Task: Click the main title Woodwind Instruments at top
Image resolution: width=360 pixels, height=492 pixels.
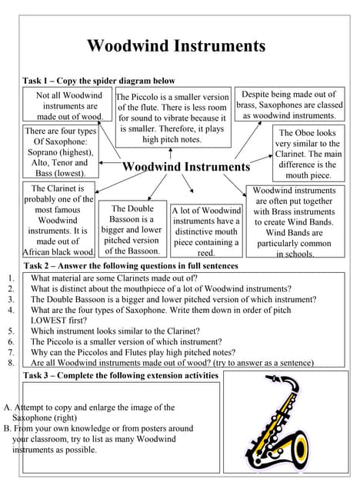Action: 176,46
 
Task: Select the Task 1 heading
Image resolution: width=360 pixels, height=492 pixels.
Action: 99,81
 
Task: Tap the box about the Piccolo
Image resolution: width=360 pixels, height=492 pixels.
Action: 172,118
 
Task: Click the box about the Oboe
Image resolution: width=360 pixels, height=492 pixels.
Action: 308,154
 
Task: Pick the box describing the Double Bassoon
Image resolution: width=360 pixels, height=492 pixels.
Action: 131,229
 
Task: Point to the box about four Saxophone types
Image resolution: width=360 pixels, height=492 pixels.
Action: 61,152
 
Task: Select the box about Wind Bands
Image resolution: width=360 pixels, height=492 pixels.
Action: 294,221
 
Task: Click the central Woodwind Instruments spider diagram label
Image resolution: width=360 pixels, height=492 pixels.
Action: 186,167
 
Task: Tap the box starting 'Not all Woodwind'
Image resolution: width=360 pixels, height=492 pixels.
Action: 69,105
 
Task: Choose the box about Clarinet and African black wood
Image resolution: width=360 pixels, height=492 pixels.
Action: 58,220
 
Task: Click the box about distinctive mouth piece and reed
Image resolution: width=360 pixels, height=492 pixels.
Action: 205,231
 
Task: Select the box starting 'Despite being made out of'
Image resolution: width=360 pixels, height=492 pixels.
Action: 289,105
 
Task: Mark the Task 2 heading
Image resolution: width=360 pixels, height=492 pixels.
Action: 131,266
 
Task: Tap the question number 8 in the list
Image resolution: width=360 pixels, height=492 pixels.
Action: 11,362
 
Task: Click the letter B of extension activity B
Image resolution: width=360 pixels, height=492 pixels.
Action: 7,428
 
